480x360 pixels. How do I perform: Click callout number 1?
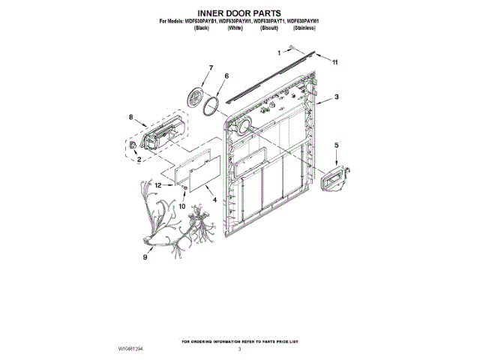pyautogui.click(x=280, y=53)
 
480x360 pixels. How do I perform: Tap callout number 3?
pyautogui.click(x=337, y=97)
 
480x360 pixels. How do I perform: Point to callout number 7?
pyautogui.click(x=211, y=68)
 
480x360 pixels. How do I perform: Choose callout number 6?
pyautogui.click(x=226, y=76)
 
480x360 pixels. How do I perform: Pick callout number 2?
pyautogui.click(x=138, y=160)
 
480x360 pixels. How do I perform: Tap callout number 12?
pyautogui.click(x=158, y=185)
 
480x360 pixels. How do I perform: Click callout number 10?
pyautogui.click(x=181, y=203)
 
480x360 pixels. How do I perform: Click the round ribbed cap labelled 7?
pyautogui.click(x=199, y=97)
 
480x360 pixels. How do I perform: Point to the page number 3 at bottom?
pyautogui.click(x=240, y=349)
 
